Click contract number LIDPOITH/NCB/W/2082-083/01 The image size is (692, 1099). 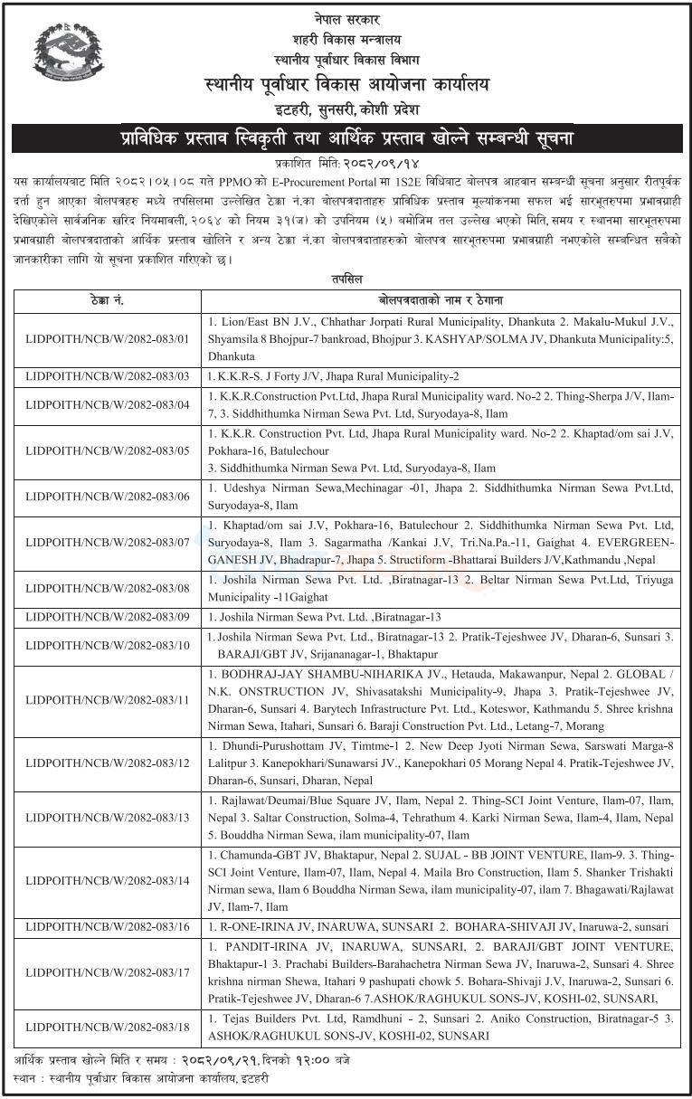[x=108, y=340]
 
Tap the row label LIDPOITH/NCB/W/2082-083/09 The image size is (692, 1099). [x=108, y=618]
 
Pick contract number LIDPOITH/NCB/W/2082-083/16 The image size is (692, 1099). [x=108, y=927]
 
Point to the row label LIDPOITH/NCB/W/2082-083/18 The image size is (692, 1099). [x=108, y=1027]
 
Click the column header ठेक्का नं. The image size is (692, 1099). [x=108, y=300]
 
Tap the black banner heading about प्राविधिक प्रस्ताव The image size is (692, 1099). [x=346, y=140]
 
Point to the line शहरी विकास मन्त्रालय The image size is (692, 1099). [x=346, y=40]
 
